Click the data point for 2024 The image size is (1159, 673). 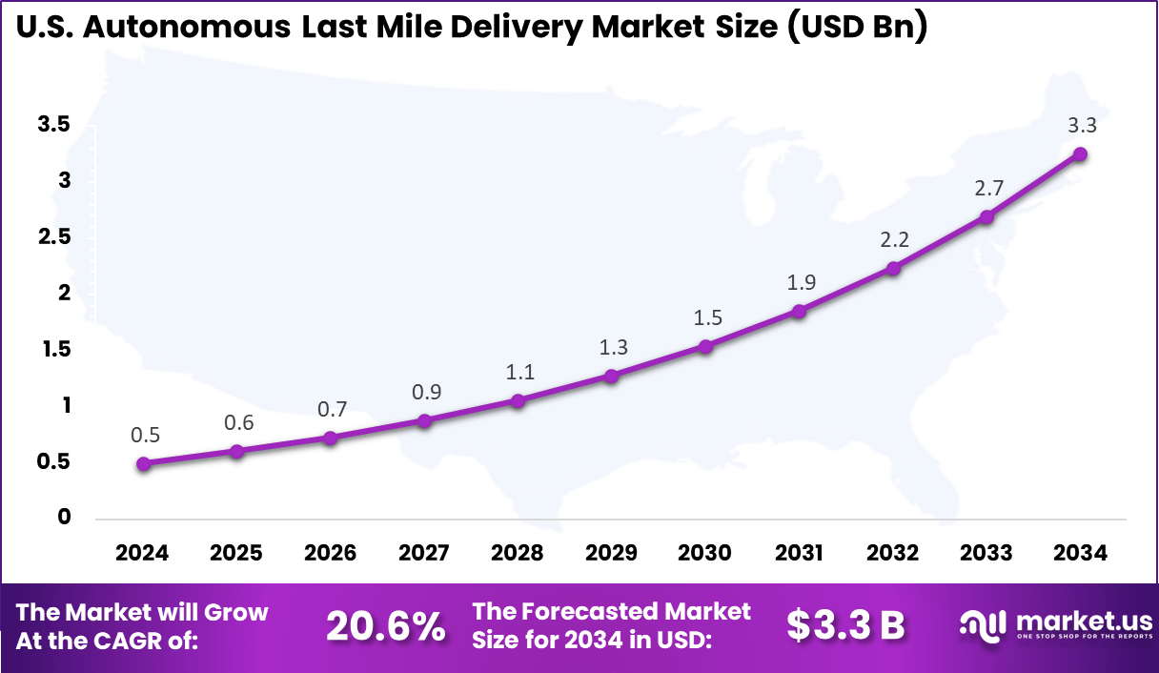pos(143,464)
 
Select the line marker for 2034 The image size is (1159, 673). pos(1080,154)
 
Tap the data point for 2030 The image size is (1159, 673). pos(705,346)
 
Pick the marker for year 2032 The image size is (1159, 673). pos(893,268)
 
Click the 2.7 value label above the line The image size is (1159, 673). pos(987,188)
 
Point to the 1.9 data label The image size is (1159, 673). pos(800,282)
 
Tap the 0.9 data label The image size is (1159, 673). pos(425,392)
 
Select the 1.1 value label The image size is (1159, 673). pos(518,372)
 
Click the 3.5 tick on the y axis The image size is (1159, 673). pos(53,124)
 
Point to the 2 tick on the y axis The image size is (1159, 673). pos(65,293)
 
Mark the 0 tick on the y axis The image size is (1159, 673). pos(65,518)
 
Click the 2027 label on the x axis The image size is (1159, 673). pos(424,554)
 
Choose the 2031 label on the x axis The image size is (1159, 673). pos(799,554)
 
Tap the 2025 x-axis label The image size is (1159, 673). pos(236,554)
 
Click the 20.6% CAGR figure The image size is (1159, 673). pos(385,626)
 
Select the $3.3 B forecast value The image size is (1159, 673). pos(845,625)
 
